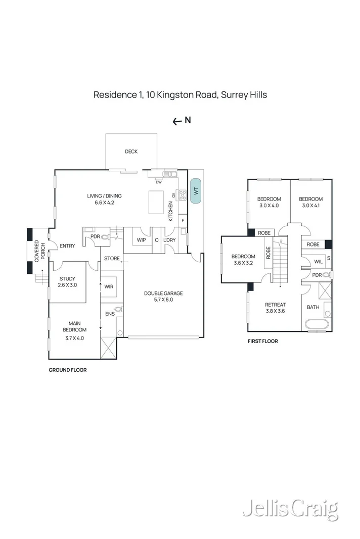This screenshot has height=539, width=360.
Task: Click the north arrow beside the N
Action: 177,121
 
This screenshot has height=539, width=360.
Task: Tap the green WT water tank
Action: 195,191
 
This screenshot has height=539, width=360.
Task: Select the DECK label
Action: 131,152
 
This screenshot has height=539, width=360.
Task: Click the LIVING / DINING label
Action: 105,196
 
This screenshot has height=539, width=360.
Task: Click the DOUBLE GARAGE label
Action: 163,293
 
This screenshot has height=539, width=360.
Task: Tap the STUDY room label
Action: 67,278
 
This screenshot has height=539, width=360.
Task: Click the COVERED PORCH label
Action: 40,250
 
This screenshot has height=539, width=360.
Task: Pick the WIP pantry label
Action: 142,240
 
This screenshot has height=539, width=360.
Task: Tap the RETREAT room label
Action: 276,305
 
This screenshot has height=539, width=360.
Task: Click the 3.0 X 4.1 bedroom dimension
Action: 310,206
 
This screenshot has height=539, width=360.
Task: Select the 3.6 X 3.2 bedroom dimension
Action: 243,263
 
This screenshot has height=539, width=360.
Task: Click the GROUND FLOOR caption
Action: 67,370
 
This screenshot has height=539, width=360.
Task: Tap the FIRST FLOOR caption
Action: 262,341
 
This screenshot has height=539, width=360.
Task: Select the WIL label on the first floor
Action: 319,262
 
